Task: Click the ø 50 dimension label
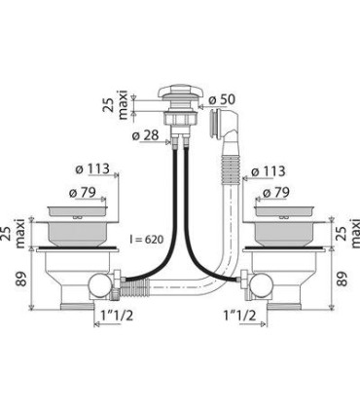(222, 100)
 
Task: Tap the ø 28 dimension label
(145, 135)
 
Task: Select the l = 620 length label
(146, 240)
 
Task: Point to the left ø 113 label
(92, 169)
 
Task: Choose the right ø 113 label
(268, 171)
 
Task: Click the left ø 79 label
(83, 193)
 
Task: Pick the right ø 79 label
(276, 193)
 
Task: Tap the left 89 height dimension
(21, 279)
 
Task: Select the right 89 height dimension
(342, 279)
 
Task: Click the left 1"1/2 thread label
(117, 316)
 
